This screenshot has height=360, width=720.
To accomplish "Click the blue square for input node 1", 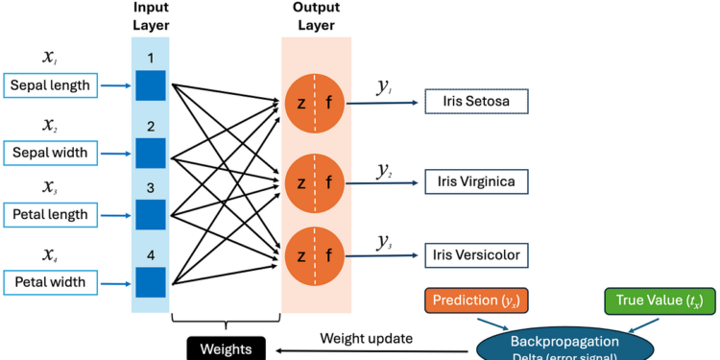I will tap(150, 86).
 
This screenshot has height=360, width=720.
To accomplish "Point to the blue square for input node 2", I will tap(150, 153).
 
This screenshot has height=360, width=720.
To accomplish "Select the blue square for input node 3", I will tap(150, 215).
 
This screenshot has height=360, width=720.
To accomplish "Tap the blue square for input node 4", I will tap(150, 282).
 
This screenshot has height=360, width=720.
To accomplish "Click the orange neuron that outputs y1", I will tap(315, 101).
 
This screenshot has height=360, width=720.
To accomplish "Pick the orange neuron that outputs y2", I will tap(315, 180).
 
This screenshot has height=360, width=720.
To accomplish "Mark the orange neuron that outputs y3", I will tap(315, 254).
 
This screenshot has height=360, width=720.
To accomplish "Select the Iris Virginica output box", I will tap(477, 180).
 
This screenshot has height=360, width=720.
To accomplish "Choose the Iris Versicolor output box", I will tap(477, 255).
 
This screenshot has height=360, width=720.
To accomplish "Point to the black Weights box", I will tap(225, 348).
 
